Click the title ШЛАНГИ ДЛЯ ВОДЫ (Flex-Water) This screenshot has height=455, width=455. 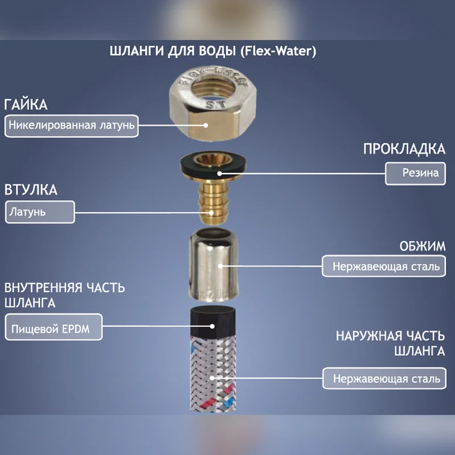[x=213, y=51]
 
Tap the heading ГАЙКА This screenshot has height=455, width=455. [x=26, y=105]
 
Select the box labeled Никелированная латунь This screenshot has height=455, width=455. [x=72, y=126]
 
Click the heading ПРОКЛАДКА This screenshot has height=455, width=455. [x=404, y=149]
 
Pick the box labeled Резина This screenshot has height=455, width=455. [x=415, y=173]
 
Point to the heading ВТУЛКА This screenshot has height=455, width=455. [x=31, y=190]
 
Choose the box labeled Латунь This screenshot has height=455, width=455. [x=40, y=212]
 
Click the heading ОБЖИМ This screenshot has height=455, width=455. [x=422, y=246]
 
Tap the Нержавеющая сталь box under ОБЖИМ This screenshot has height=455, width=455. [x=383, y=266]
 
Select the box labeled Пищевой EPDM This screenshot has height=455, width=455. [x=53, y=327]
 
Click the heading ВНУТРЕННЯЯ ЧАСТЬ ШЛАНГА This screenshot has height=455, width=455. [x=64, y=295]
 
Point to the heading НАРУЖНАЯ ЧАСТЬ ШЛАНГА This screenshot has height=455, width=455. [x=391, y=344]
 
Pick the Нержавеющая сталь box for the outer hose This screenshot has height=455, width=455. [x=384, y=378]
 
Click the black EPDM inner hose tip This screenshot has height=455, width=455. [x=213, y=319]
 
